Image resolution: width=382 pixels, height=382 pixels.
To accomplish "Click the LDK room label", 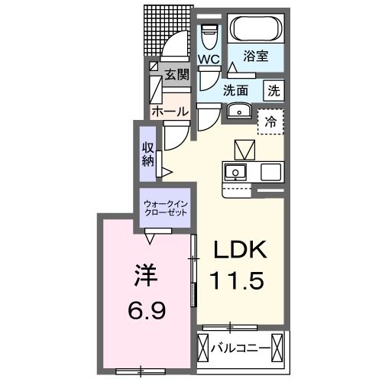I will click(238, 251).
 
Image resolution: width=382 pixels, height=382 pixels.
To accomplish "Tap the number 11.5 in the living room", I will click(238, 280).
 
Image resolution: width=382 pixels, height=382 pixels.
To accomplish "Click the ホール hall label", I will click(170, 112).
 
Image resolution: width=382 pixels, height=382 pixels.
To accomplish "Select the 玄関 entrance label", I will click(176, 74).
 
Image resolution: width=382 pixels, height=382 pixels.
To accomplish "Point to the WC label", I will click(209, 59).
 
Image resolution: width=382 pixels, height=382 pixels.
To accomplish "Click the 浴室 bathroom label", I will click(255, 56).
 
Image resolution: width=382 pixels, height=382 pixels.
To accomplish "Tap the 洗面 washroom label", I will click(236, 89).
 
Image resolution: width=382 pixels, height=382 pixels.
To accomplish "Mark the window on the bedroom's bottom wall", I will click(140, 371).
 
